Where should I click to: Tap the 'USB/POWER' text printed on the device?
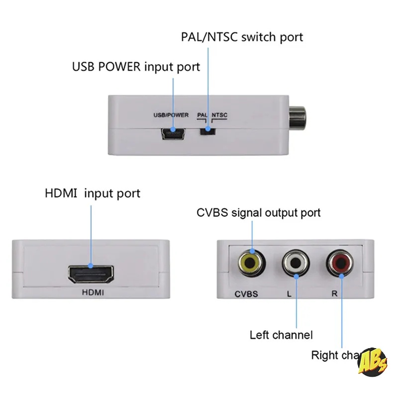pos(171,115)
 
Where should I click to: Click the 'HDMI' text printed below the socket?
pos(93,294)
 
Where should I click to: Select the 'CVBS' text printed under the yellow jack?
pos(246,294)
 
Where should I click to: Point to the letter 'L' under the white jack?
pos(289,294)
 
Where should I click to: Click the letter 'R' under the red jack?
pos(334,294)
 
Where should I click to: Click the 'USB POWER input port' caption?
pos(136,67)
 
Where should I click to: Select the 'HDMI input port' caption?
pos(93,193)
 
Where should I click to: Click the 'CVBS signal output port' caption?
pos(259,213)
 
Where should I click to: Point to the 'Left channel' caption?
pos(281,335)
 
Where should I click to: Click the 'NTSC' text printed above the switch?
pos(220,115)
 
